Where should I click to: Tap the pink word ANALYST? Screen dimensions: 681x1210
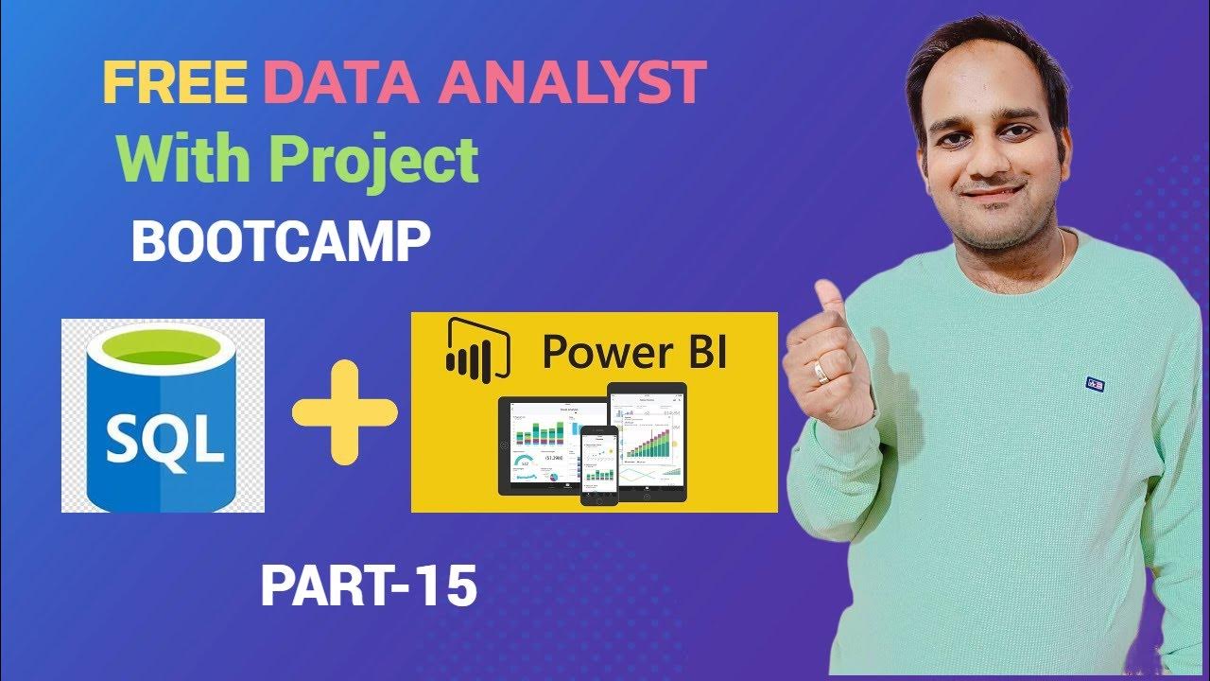click(x=574, y=83)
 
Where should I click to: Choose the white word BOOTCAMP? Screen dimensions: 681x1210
click(x=281, y=242)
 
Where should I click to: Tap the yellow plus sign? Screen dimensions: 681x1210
click(x=344, y=417)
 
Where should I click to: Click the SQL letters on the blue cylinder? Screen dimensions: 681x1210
click(x=164, y=440)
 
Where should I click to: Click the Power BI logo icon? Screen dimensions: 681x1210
click(x=475, y=350)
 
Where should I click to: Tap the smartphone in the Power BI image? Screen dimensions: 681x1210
click(x=597, y=463)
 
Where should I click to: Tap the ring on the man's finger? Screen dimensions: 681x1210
click(x=822, y=373)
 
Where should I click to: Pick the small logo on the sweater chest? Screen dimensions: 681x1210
click(x=1096, y=384)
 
